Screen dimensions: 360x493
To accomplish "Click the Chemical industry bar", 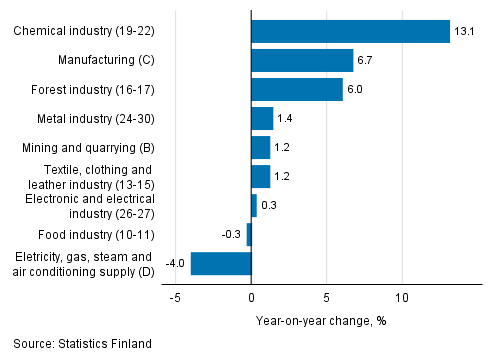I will click(350, 32).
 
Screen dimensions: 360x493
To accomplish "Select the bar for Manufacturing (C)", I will click(302, 61).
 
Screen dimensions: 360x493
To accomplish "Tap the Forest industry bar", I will click(297, 90).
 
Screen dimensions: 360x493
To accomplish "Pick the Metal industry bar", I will click(262, 119).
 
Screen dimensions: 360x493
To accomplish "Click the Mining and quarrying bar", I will click(260, 148).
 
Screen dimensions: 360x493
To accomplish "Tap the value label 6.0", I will click(358, 90).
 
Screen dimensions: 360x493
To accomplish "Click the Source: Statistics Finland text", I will click(83, 344).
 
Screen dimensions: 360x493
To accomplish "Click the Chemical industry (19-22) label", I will click(85, 32).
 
